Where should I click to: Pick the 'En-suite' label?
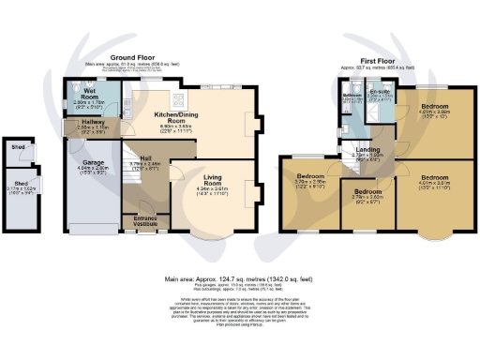(379, 94)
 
